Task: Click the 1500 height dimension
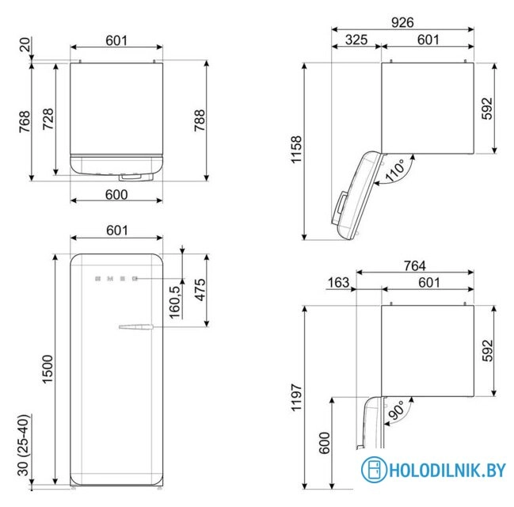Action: (x=48, y=369)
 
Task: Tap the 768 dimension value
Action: (x=25, y=121)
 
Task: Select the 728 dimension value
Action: (x=48, y=119)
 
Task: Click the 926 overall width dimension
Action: (x=402, y=22)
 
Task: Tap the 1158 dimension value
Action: (x=296, y=151)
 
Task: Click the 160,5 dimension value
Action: (x=176, y=300)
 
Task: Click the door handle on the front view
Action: (x=134, y=326)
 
